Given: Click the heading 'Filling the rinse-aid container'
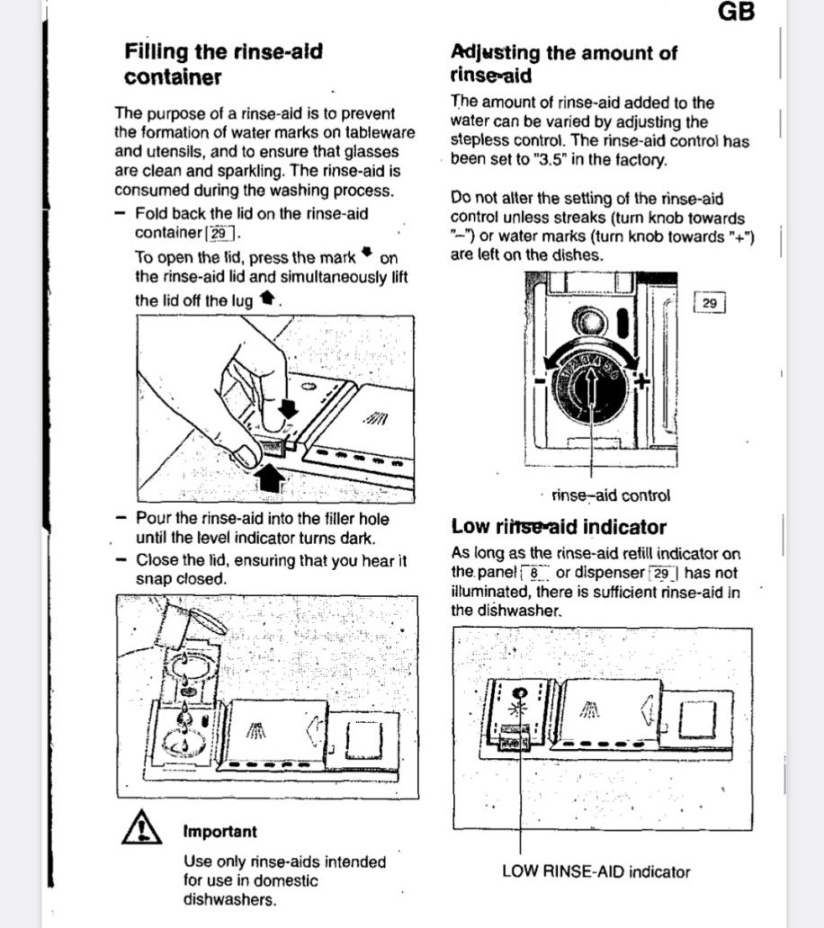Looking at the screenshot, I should [x=223, y=64].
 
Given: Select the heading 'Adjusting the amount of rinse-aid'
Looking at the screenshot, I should [x=563, y=63].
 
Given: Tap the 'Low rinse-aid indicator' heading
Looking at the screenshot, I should [x=559, y=526].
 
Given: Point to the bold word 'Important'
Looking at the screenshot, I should [x=220, y=832].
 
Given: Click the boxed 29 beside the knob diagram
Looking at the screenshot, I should [x=709, y=303].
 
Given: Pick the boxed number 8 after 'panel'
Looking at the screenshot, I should [x=534, y=572].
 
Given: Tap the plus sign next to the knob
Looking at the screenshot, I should [x=641, y=381].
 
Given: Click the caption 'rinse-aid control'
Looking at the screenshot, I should [x=611, y=495].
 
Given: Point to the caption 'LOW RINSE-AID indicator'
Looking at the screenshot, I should [x=596, y=870].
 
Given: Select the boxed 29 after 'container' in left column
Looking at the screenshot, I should [x=220, y=233].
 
